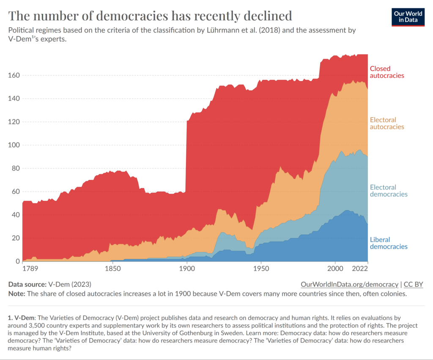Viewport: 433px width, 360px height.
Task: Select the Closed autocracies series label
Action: [387, 72]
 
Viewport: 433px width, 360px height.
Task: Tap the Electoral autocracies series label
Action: [387, 123]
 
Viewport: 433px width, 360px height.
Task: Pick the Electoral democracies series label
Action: [389, 191]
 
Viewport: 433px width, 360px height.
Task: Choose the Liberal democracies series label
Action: [389, 243]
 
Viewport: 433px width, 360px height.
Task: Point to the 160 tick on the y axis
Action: [14, 75]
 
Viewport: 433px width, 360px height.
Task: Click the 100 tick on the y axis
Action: [14, 145]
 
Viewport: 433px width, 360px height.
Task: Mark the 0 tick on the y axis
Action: [17, 261]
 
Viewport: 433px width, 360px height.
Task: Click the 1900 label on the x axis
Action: [186, 268]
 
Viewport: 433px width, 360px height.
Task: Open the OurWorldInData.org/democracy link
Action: [349, 284]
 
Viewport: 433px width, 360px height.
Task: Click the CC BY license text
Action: [414, 284]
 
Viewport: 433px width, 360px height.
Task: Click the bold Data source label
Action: [28, 284]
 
